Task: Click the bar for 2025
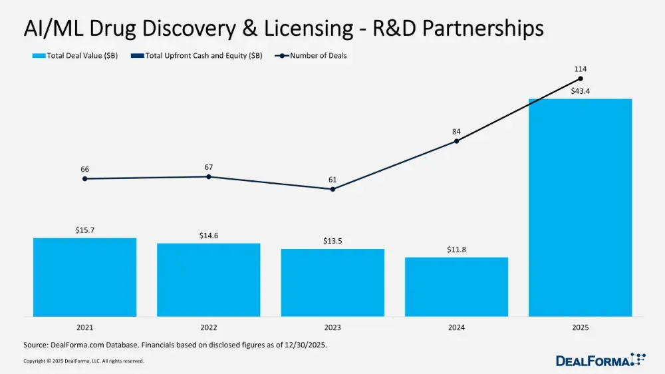580,208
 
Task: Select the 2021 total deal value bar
84,277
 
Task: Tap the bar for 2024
456,286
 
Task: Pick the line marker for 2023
332,189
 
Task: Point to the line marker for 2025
581,79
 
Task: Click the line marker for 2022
209,176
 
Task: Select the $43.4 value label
580,91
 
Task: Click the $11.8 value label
456,249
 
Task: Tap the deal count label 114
581,69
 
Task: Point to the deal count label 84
456,131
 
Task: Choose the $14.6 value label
209,235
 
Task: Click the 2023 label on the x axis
332,328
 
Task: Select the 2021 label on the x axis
84,328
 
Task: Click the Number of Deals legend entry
313,56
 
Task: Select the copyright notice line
83,361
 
